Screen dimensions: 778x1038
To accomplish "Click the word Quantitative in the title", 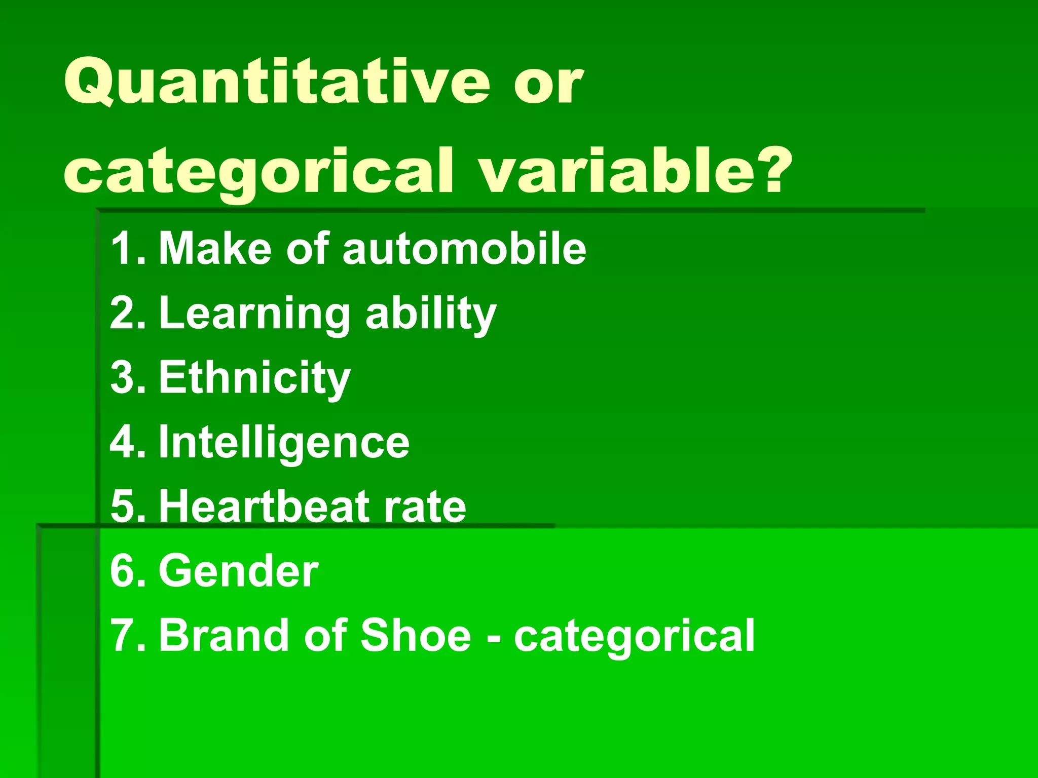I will pyautogui.click(x=277, y=82).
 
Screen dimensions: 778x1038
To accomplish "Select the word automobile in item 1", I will pyautogui.click(x=464, y=248).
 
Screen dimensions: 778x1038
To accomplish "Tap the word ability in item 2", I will pyautogui.click(x=430, y=314).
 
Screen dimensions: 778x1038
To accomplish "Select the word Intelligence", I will pyautogui.click(x=284, y=442).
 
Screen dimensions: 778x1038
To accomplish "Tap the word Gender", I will pyautogui.click(x=239, y=571).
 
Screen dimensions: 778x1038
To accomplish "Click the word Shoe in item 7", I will pyautogui.click(x=416, y=635).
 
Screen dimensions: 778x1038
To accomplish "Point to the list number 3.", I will pyautogui.click(x=125, y=378).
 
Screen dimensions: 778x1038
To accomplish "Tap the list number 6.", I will pyautogui.click(x=125, y=571).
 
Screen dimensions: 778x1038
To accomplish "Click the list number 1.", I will pyautogui.click(x=125, y=248).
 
